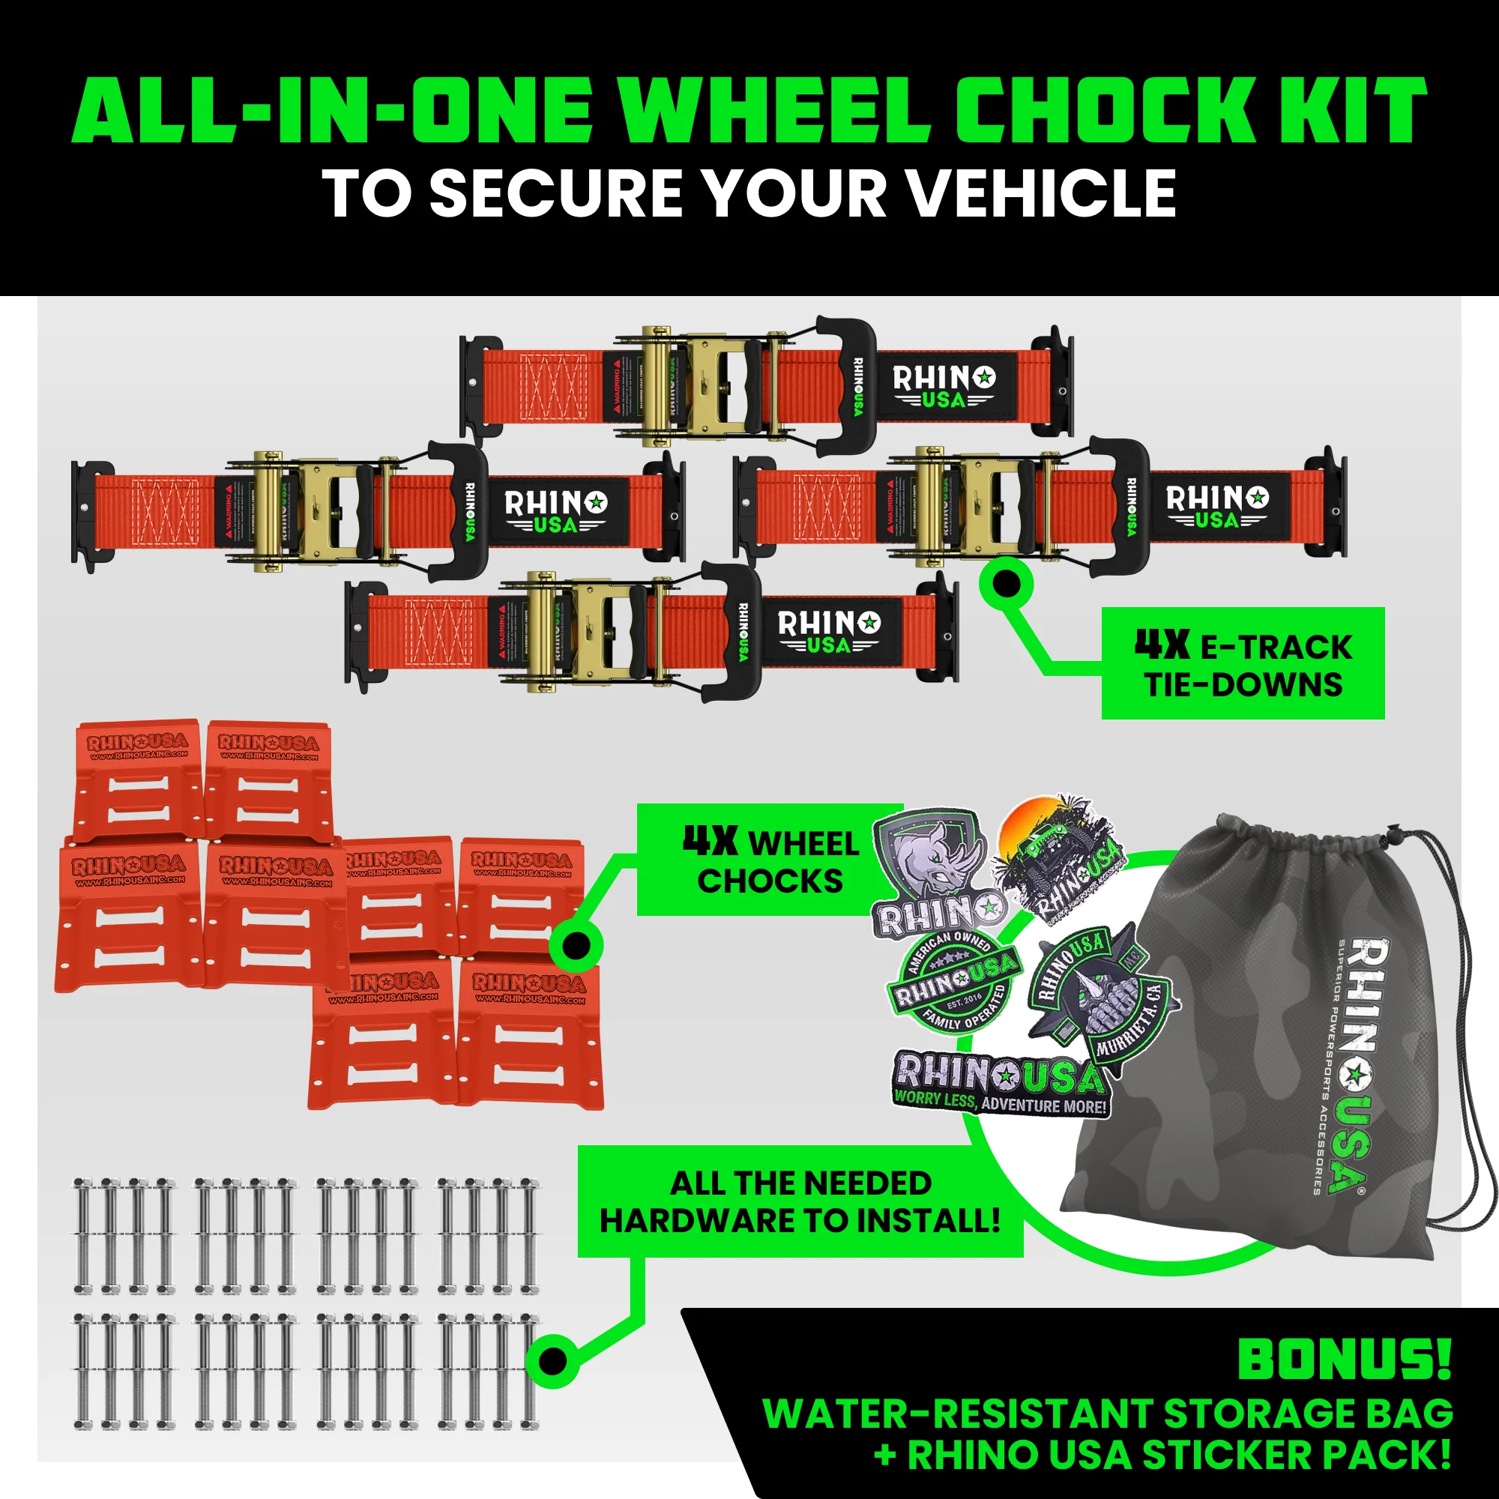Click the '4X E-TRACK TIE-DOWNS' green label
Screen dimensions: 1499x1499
[x=1243, y=664]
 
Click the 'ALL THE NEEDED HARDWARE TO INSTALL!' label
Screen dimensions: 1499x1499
[x=800, y=1202]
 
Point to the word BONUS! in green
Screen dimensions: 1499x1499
[x=1343, y=1360]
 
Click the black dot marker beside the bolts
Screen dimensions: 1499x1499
[x=552, y=1360]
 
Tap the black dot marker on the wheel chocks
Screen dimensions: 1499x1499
[x=576, y=945]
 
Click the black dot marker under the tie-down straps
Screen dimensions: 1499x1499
[x=1007, y=583]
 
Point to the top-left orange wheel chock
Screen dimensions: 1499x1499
[x=138, y=778]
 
